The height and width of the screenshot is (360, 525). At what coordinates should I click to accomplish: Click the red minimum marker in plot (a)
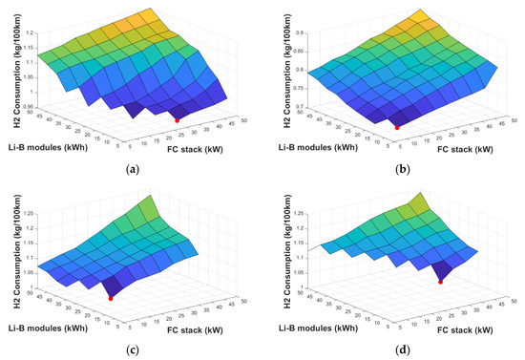click(177, 119)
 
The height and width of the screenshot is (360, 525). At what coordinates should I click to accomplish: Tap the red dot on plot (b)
click(397, 126)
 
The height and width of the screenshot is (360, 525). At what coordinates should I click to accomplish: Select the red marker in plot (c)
click(112, 299)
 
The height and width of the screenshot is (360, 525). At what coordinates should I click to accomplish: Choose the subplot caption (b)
click(395, 171)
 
